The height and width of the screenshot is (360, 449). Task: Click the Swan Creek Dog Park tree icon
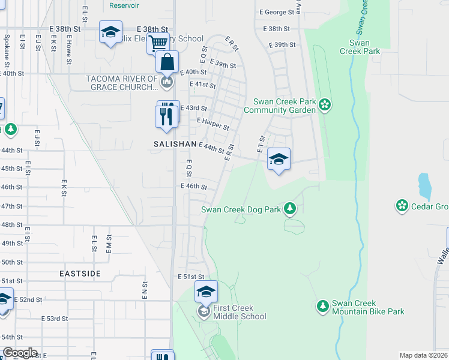click(x=291, y=208)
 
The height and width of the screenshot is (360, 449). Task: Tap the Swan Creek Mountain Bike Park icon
click(x=323, y=306)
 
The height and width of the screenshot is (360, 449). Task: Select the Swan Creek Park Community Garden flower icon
click(x=325, y=106)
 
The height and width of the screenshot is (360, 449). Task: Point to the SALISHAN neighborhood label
click(x=175, y=144)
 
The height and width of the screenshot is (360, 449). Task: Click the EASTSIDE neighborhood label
click(x=80, y=273)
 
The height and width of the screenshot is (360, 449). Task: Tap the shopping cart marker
click(x=158, y=43)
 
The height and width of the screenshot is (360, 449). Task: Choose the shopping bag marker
click(x=167, y=62)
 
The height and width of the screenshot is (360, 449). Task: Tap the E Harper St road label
click(x=213, y=124)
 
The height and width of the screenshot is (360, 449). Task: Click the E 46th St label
click(x=194, y=187)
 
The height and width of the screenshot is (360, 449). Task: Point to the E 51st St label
click(x=191, y=277)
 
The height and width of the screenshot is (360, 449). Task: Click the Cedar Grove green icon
click(x=402, y=206)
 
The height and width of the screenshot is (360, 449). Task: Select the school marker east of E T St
click(x=279, y=159)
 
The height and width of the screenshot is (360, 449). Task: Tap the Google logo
click(x=20, y=353)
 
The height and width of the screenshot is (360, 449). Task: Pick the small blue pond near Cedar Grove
click(x=424, y=187)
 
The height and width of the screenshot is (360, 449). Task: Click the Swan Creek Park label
click(x=367, y=47)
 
